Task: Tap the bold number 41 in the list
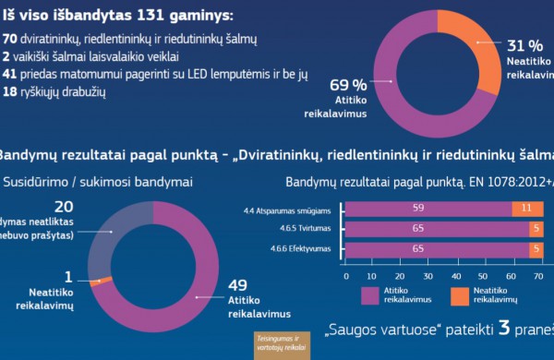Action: tap(11, 75)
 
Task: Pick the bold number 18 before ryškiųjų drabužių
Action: tap(11, 92)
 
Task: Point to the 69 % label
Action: tap(348, 85)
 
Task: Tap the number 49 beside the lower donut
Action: tap(238, 284)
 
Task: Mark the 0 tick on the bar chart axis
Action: tap(345, 274)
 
